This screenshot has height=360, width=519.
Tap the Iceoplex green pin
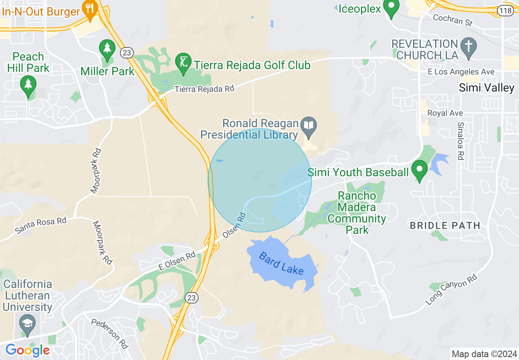[392, 8]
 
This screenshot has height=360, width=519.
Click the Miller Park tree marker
[107, 49]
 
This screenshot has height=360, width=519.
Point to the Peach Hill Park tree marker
[28, 85]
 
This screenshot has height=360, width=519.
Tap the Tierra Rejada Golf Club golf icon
[183, 63]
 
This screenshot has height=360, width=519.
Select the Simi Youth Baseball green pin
[419, 170]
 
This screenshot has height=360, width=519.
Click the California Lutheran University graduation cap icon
[27, 325]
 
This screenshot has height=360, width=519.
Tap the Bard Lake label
[282, 263]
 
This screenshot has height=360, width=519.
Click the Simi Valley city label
[486, 88]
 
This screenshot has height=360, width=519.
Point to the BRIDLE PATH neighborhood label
[445, 225]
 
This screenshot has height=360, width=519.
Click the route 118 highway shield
[506, 10]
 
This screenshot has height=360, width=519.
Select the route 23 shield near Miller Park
[126, 52]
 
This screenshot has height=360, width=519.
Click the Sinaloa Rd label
[460, 141]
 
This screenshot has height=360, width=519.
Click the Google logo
[27, 350]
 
